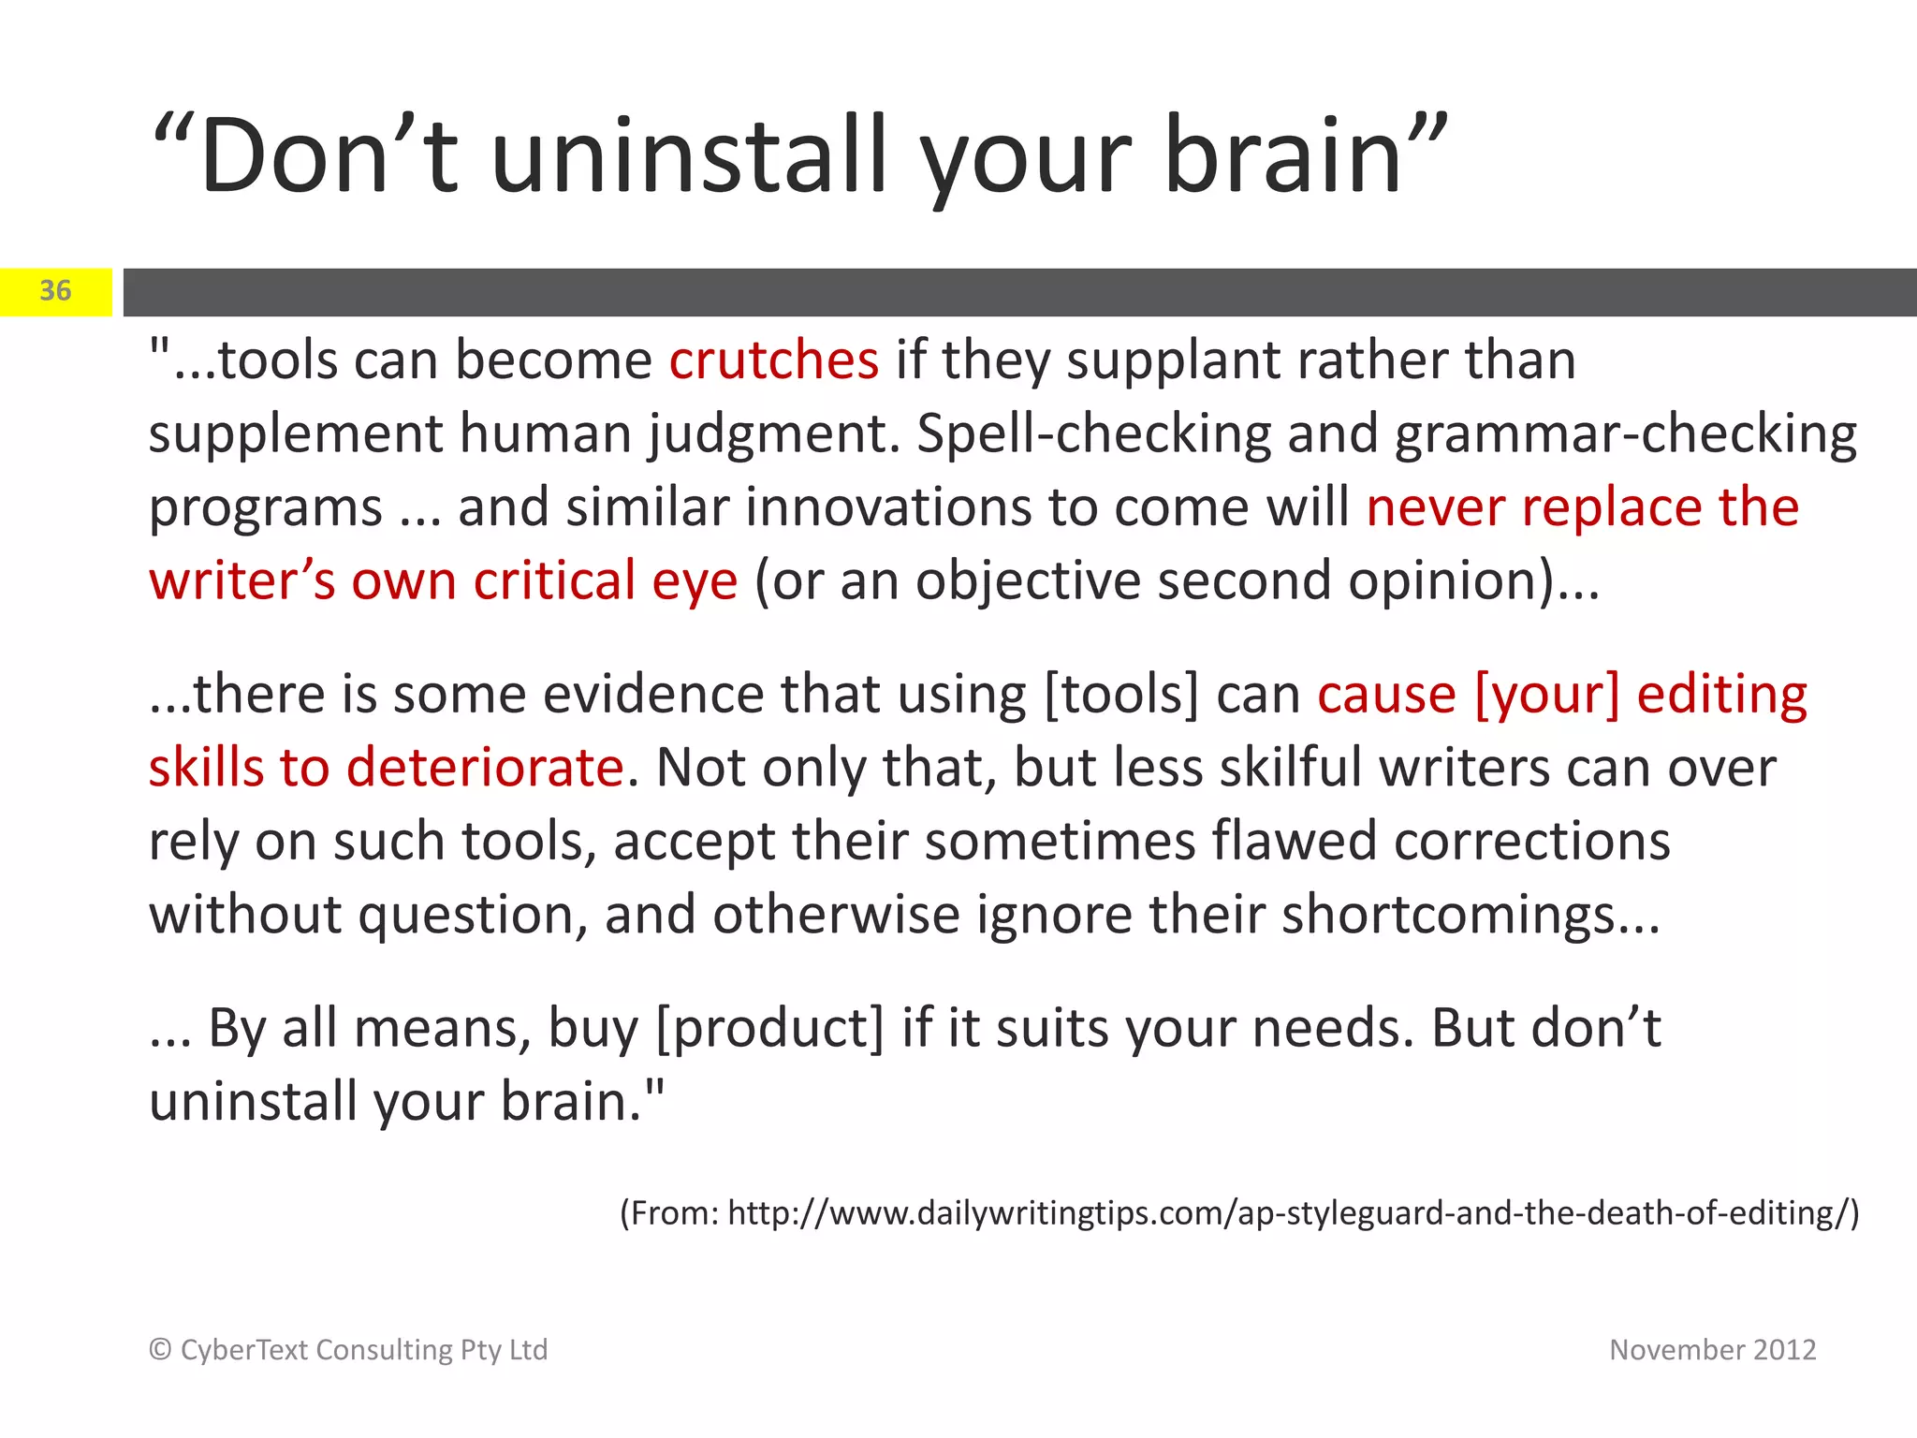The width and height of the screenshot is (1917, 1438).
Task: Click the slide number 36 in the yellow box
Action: pyautogui.click(x=55, y=291)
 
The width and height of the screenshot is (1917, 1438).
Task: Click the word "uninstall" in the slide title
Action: pyautogui.click(x=687, y=155)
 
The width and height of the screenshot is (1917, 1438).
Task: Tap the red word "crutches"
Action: pyautogui.click(x=774, y=360)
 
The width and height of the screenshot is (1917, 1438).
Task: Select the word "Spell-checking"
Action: pyautogui.click(x=1092, y=434)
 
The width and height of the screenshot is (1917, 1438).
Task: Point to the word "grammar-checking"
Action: pyautogui.click(x=1626, y=434)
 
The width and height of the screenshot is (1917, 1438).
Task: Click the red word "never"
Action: pyautogui.click(x=1436, y=507)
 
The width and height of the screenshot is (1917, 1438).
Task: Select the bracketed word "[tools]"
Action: pyautogui.click(x=1120, y=695)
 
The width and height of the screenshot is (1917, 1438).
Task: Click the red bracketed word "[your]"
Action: pyautogui.click(x=1546, y=695)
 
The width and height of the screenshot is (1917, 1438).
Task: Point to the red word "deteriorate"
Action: pyautogui.click(x=485, y=768)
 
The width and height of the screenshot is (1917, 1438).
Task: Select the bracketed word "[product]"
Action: pyautogui.click(x=769, y=1028)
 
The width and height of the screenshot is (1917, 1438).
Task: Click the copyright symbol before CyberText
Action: pyautogui.click(x=160, y=1350)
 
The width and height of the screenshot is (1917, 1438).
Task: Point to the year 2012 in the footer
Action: pyautogui.click(x=1784, y=1350)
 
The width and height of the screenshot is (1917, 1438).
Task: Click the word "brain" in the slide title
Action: pyautogui.click(x=1282, y=155)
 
